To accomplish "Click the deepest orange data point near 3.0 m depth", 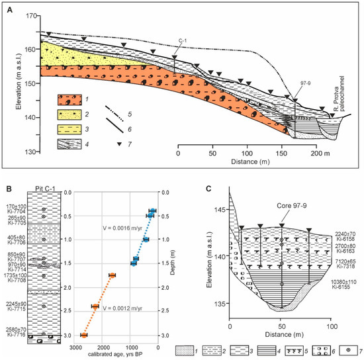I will (84, 336).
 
